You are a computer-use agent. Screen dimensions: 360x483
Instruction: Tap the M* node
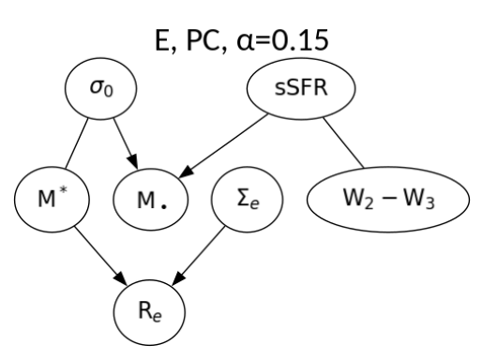coord(47,201)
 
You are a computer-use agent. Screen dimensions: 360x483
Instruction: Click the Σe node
coord(249,201)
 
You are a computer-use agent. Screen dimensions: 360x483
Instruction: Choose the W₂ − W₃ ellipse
coord(385,201)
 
